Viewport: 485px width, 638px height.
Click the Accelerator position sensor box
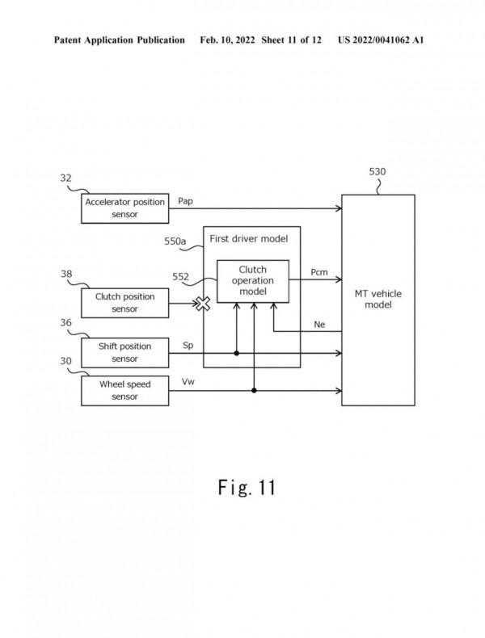click(125, 208)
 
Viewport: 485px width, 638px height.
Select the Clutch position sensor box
click(125, 302)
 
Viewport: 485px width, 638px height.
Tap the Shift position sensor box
click(125, 352)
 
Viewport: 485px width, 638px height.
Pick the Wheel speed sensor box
click(125, 390)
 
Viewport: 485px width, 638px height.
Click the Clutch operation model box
click(253, 281)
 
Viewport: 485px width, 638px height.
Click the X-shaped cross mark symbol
click(202, 304)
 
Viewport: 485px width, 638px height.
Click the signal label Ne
click(320, 324)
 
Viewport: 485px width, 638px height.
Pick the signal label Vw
click(188, 380)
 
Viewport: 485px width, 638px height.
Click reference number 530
click(377, 172)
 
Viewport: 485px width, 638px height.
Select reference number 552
click(182, 277)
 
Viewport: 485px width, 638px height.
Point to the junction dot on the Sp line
click(236, 353)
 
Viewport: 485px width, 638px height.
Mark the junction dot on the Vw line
click(255, 390)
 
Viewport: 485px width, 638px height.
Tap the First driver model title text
click(248, 238)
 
